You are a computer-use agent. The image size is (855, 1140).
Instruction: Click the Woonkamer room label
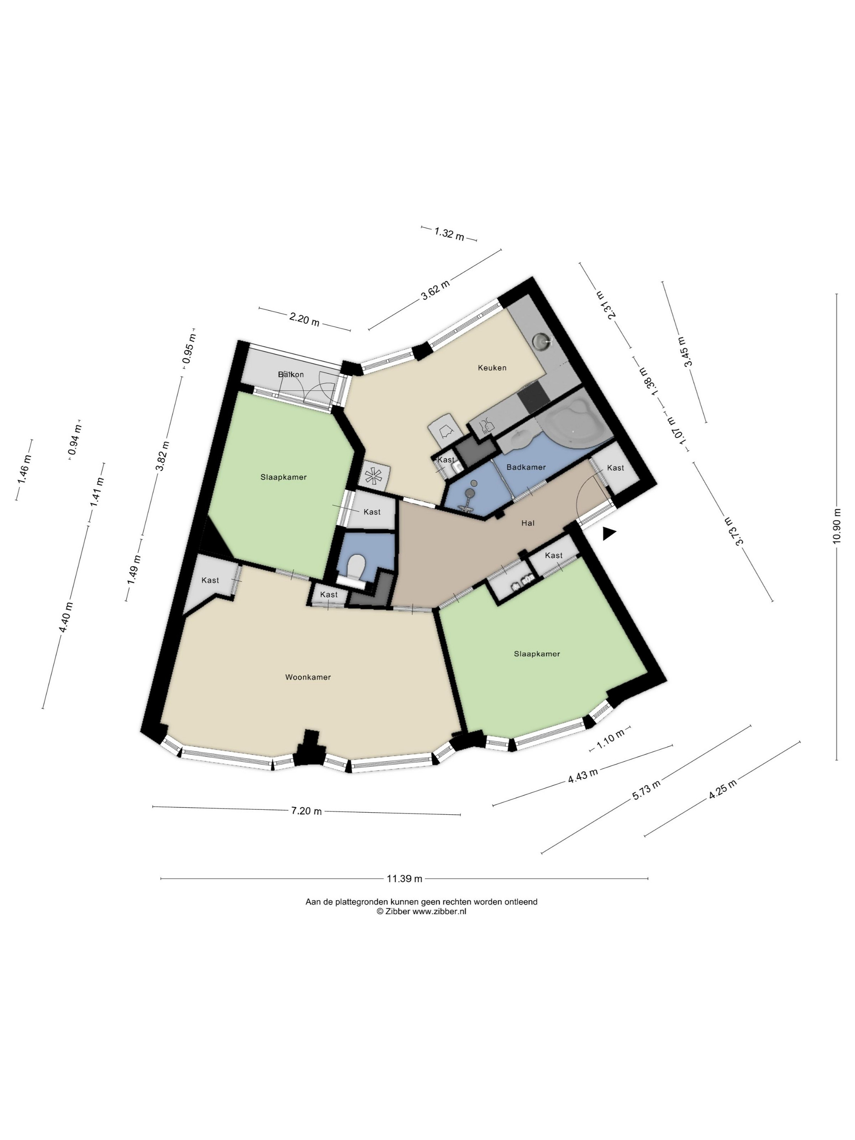pyautogui.click(x=308, y=677)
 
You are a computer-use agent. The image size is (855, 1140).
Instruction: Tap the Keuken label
pyautogui.click(x=492, y=368)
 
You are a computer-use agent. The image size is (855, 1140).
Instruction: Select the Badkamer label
pyautogui.click(x=526, y=467)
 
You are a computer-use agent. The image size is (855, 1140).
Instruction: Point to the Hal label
pyautogui.click(x=528, y=523)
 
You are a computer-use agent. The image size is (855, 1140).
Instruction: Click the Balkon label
pyautogui.click(x=291, y=374)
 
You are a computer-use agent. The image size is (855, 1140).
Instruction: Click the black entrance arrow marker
pyautogui.click(x=609, y=534)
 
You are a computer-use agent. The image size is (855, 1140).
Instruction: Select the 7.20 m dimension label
pyautogui.click(x=306, y=810)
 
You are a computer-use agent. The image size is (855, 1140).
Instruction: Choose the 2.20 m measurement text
pyautogui.click(x=304, y=319)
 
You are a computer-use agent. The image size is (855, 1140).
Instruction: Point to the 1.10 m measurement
pyautogui.click(x=610, y=737)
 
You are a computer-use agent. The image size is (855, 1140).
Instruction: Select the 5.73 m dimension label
pyautogui.click(x=646, y=791)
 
